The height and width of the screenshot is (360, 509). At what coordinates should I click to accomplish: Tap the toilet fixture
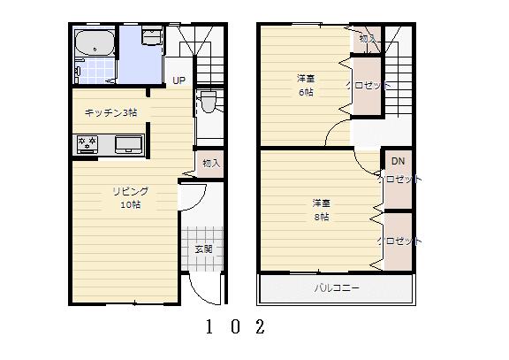(208, 103)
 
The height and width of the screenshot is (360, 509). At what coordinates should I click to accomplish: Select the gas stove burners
(87, 143)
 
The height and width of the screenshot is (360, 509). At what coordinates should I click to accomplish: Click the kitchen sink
(127, 144)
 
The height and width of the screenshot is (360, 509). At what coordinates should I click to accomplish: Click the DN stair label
(398, 161)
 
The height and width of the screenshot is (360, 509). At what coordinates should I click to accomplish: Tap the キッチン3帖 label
(110, 112)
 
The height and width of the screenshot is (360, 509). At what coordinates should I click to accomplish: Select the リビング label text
(129, 191)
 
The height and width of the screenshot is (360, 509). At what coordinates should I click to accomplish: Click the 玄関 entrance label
(202, 249)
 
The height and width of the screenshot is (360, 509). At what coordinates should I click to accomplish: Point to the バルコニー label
(337, 288)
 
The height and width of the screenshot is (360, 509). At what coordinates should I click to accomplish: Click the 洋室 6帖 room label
(306, 85)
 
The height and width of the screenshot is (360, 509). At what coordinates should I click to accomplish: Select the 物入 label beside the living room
(210, 164)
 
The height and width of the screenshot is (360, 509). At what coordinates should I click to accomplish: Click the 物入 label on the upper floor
(367, 39)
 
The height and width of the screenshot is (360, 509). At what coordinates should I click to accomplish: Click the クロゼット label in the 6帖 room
(368, 86)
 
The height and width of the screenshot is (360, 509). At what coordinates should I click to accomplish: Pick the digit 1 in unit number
(209, 327)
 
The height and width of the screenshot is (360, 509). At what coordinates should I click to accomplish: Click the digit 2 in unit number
(260, 327)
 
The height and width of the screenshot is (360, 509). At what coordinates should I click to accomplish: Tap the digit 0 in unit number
(234, 327)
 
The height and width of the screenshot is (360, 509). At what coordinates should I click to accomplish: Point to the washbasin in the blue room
(150, 38)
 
